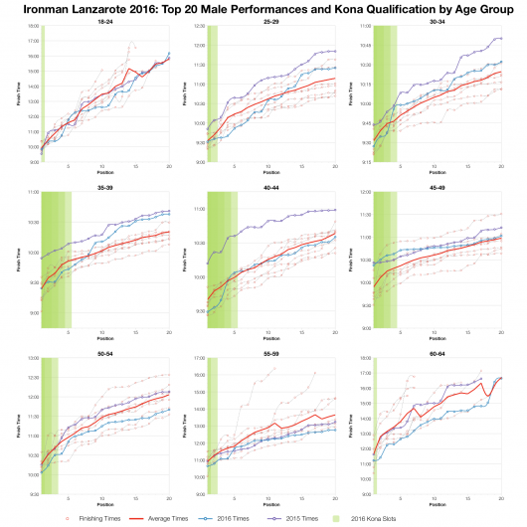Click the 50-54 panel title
pos(104,352)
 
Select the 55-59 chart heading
pos(270,352)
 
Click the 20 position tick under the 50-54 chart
pos(169,498)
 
